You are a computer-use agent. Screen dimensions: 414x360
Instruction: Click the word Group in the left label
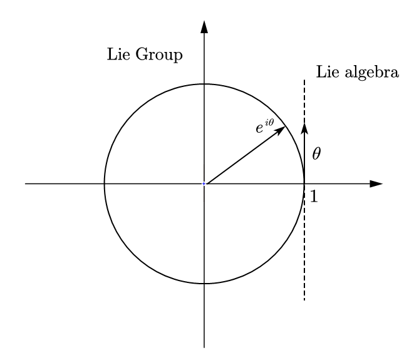[161, 56]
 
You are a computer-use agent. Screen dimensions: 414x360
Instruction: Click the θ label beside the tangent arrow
[316, 153]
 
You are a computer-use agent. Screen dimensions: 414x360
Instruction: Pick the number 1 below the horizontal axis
[314, 197]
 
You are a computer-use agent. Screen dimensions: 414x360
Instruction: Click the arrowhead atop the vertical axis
[204, 26]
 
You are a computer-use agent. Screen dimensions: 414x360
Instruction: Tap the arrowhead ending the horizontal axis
[376, 183]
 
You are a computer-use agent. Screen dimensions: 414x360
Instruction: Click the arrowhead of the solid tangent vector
[304, 128]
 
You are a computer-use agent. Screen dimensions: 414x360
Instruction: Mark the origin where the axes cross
[204, 183]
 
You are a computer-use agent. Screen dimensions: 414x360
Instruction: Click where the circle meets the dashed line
[304, 183]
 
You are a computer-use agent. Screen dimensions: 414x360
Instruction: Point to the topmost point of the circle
[204, 83]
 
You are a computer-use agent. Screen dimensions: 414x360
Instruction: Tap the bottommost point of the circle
[204, 284]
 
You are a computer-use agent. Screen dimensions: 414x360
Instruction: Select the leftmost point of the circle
[104, 183]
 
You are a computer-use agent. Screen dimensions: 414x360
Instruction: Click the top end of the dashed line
[304, 80]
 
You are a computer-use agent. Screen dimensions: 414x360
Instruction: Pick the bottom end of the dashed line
[304, 301]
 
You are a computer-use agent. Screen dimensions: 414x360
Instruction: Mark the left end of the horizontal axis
[25, 183]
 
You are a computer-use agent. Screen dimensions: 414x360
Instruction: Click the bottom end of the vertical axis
[204, 347]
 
